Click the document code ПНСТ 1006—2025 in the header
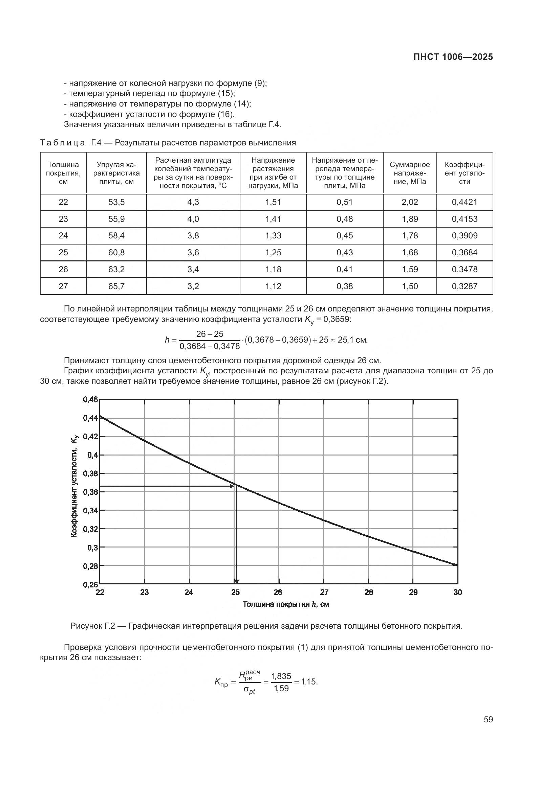coord(453,57)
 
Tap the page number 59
coord(488,720)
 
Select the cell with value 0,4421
coord(465,202)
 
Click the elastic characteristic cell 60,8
coord(116,253)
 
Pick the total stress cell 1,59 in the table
coord(410,270)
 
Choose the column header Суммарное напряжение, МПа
coord(410,173)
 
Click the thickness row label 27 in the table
coord(63,286)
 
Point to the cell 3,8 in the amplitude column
coord(193,236)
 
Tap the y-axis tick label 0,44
coord(90,418)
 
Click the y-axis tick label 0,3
coord(92,548)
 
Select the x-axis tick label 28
coord(369,592)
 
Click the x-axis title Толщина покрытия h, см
coord(286,604)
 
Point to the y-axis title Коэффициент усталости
coord(74,485)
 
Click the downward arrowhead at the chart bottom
coord(236,582)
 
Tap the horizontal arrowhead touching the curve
coord(232,486)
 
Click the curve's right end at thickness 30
coord(457,565)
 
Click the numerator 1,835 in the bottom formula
coord(281,676)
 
